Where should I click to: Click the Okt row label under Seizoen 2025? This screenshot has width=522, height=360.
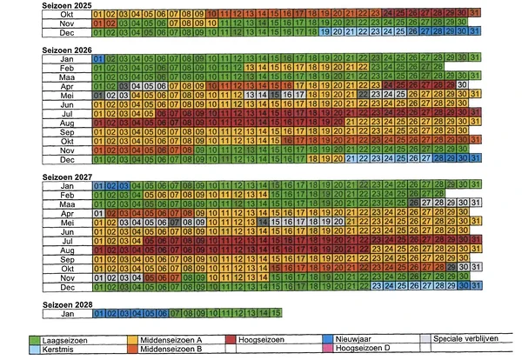coord(66,14)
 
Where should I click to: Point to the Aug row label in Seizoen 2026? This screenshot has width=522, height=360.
coord(66,123)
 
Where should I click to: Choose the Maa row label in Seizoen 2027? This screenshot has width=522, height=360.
coord(66,203)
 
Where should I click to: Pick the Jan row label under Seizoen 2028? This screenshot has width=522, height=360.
coord(66,313)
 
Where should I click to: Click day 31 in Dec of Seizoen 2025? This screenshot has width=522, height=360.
coord(474,32)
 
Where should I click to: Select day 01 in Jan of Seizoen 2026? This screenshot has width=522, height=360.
coord(97,58)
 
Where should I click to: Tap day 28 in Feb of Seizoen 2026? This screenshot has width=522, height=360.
coord(437,67)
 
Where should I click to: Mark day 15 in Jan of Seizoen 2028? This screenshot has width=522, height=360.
coord(275,313)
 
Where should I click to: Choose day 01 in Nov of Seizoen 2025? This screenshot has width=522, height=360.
coord(97,23)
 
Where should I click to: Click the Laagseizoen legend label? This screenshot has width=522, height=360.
coord(66,339)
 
